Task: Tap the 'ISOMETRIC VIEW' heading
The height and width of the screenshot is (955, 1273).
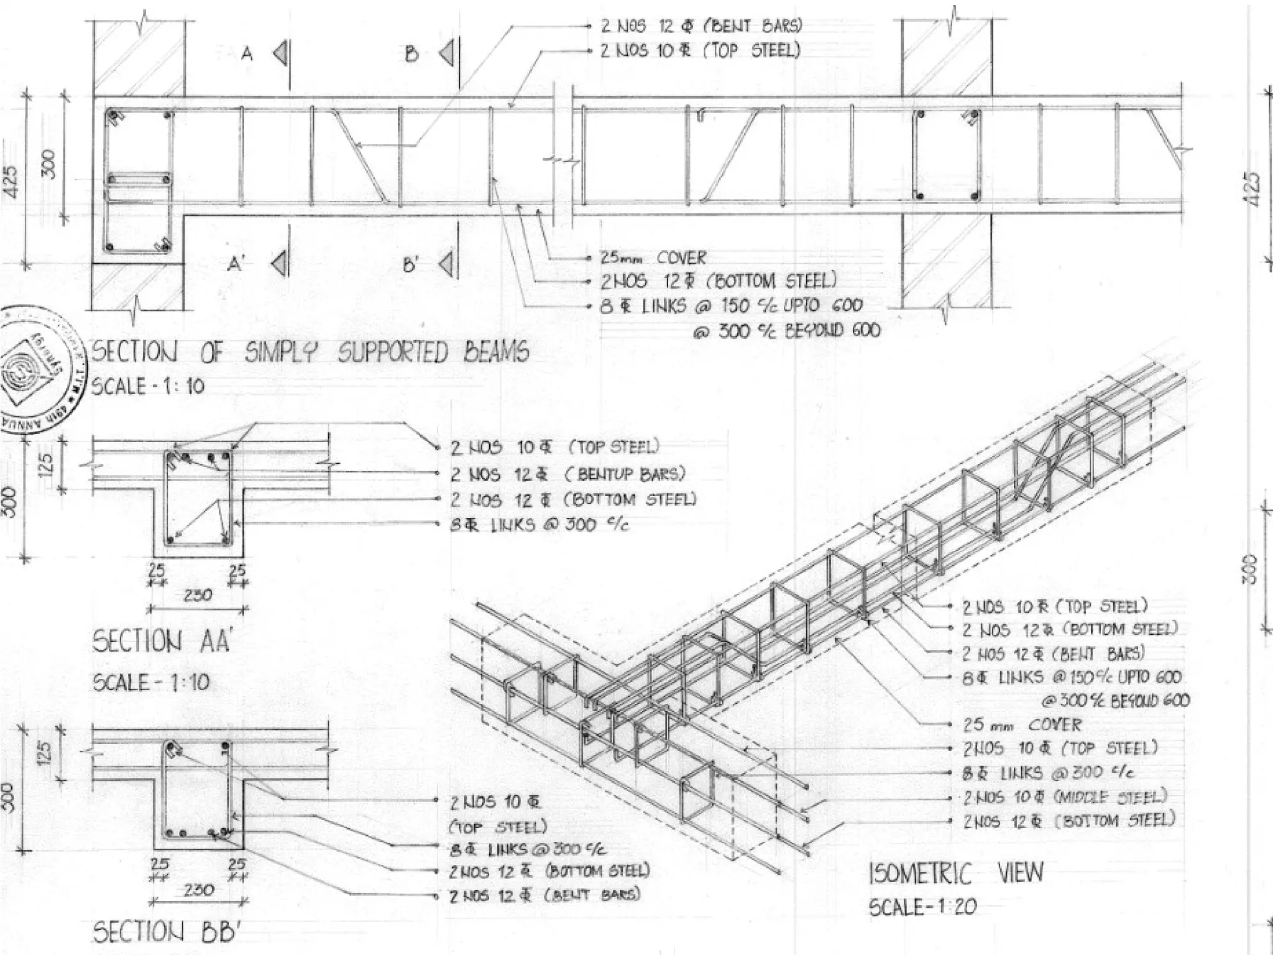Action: click(956, 873)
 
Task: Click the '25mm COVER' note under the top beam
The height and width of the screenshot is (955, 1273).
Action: click(653, 258)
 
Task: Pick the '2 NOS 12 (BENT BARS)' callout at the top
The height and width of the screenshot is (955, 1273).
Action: click(701, 26)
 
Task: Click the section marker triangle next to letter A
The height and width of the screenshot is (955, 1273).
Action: click(281, 53)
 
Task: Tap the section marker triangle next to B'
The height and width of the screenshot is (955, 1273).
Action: click(446, 264)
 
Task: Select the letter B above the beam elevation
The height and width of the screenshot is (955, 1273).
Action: click(411, 55)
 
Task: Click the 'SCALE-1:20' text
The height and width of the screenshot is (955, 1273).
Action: click(922, 907)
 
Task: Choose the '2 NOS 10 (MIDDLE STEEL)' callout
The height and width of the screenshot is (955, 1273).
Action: click(1065, 797)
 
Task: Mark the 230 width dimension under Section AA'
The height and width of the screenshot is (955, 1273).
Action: click(198, 595)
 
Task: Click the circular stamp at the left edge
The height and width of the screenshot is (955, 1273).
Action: click(34, 367)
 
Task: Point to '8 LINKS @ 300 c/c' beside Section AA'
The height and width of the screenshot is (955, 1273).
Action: click(540, 525)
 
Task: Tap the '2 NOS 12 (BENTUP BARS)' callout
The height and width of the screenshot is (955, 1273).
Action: click(568, 474)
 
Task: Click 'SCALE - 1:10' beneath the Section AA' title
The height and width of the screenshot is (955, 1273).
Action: click(151, 683)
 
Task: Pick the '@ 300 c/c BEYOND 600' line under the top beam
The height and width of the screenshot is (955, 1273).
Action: click(787, 331)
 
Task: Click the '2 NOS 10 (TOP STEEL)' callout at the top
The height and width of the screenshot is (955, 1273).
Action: click(700, 50)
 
